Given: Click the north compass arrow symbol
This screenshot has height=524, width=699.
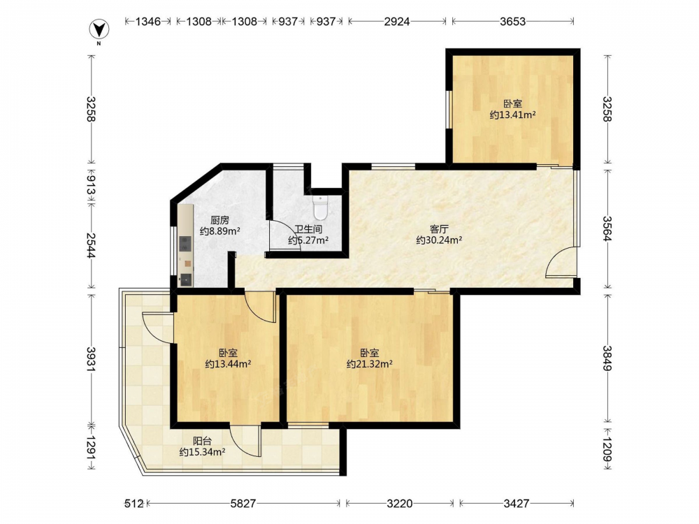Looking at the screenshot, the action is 99,29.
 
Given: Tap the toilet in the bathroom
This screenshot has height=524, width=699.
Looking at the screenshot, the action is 320,208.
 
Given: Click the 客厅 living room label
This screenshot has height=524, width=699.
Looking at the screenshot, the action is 439,229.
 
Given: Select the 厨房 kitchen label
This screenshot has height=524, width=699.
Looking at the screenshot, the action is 219,220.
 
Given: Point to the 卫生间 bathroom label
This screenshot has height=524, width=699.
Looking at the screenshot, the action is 308,230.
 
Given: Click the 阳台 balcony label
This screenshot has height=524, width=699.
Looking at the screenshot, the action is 202,441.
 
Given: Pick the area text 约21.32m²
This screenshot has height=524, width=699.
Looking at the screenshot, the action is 370,364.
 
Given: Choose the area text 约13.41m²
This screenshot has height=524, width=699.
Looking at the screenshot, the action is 512,115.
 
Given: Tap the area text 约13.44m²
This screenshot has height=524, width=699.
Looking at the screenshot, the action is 229,364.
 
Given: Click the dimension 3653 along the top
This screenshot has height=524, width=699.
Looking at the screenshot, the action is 512,21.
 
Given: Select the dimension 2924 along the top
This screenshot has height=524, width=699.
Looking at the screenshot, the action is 397,21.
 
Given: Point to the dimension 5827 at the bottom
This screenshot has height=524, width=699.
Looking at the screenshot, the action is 243,504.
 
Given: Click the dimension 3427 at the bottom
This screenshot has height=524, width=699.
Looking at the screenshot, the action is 517,504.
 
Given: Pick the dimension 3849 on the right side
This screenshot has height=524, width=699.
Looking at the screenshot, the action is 607,358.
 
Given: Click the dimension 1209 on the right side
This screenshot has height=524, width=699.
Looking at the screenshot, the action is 607,449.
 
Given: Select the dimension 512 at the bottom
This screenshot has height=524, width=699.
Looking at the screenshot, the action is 134,504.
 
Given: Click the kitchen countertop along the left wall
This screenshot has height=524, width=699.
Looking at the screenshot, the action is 186,246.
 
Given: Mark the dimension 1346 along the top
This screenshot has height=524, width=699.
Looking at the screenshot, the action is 148,21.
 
